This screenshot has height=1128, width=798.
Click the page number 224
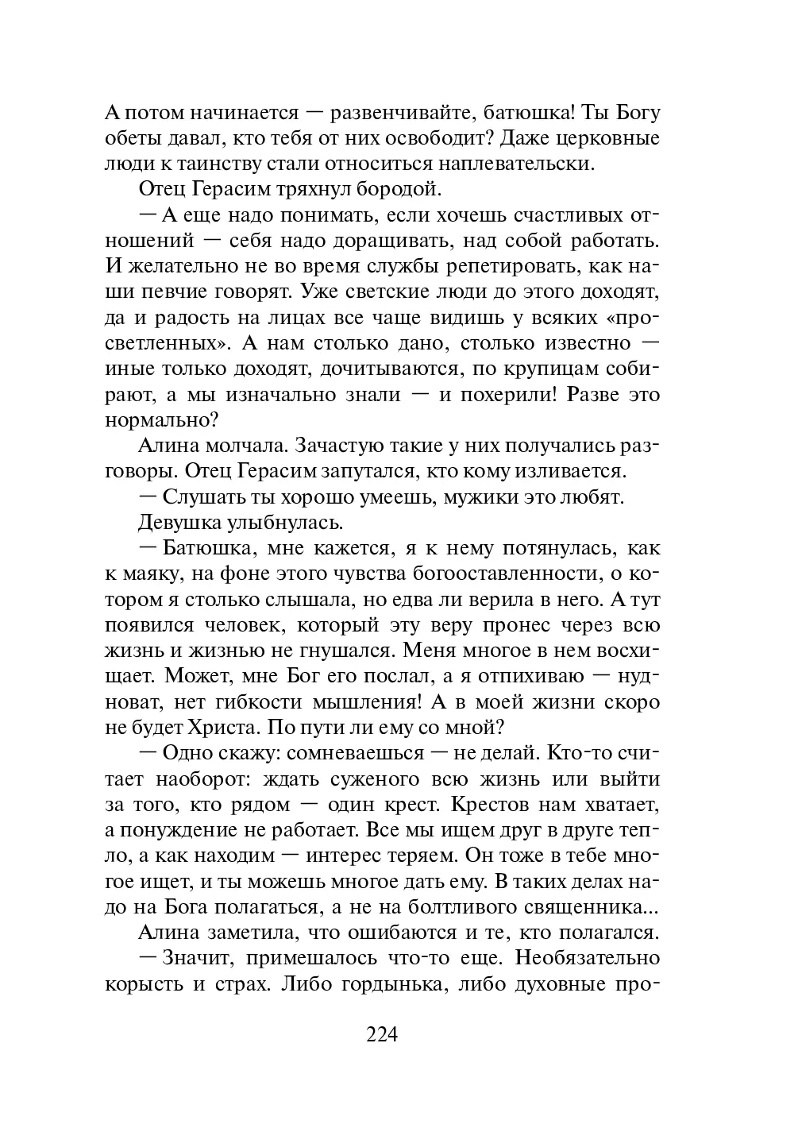coord(381,1034)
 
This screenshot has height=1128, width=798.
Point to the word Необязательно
coord(588,957)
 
